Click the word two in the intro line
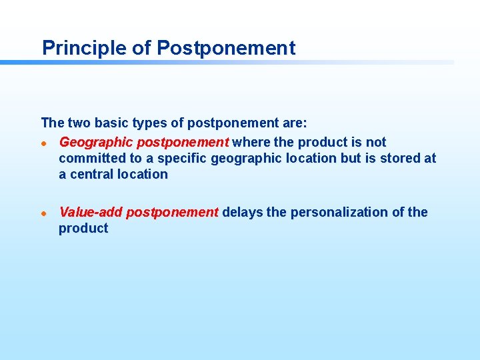coord(79,123)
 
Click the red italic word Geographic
coord(96,142)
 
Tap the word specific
coord(182,158)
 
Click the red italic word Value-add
coord(91,212)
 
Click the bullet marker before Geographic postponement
coord(43,143)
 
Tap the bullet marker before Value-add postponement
coord(43,213)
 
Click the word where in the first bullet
coord(251,142)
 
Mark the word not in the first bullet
coord(375,142)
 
